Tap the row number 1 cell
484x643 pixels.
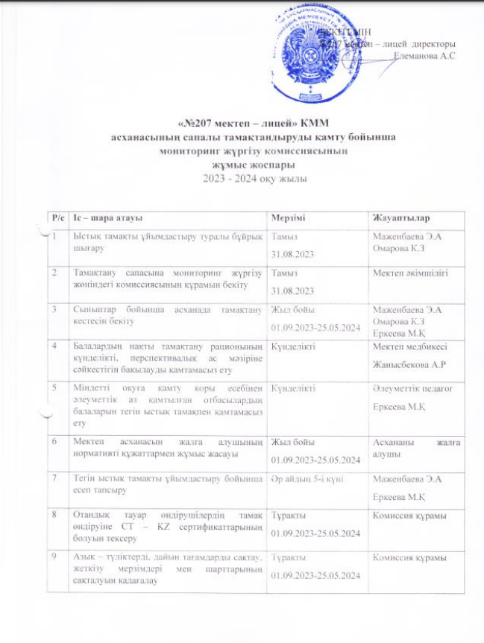pyautogui.click(x=54, y=236)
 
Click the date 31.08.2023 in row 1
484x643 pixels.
pyautogui.click(x=295, y=254)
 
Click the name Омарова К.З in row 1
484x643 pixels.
pyautogui.click(x=400, y=247)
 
